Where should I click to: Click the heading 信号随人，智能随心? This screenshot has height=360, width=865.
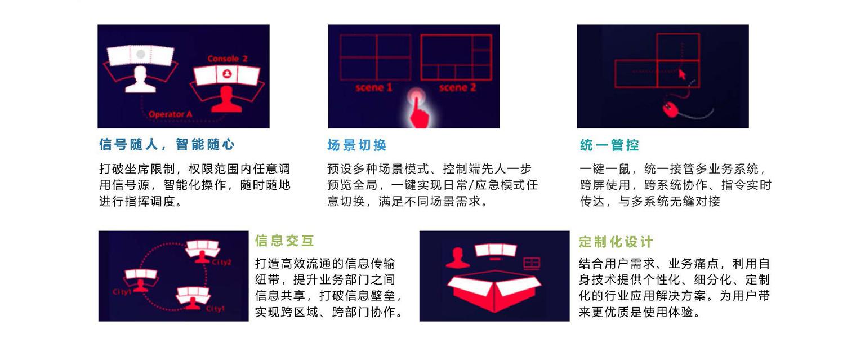click(x=167, y=144)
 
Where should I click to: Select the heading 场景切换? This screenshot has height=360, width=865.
click(x=357, y=145)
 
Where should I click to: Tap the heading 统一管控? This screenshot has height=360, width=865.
click(x=609, y=145)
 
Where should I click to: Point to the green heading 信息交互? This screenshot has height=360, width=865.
click(x=284, y=241)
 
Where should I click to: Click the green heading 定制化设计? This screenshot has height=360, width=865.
click(x=616, y=242)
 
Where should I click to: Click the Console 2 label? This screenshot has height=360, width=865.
click(x=228, y=59)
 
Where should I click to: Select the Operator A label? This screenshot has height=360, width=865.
click(x=170, y=114)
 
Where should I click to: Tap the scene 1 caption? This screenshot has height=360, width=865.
click(x=374, y=88)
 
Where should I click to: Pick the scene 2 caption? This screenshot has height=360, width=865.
click(x=458, y=88)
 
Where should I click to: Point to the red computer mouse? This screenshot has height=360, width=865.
click(x=670, y=109)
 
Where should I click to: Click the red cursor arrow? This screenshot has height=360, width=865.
click(x=682, y=74)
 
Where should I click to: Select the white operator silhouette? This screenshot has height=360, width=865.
click(x=140, y=80)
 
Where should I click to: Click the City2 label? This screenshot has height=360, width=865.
click(x=222, y=263)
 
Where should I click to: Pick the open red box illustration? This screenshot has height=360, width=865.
click(x=494, y=292)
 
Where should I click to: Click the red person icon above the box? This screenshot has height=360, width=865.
click(x=458, y=257)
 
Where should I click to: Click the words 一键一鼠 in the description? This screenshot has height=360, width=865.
click(x=605, y=169)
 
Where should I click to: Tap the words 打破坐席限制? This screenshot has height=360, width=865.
click(x=137, y=169)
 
